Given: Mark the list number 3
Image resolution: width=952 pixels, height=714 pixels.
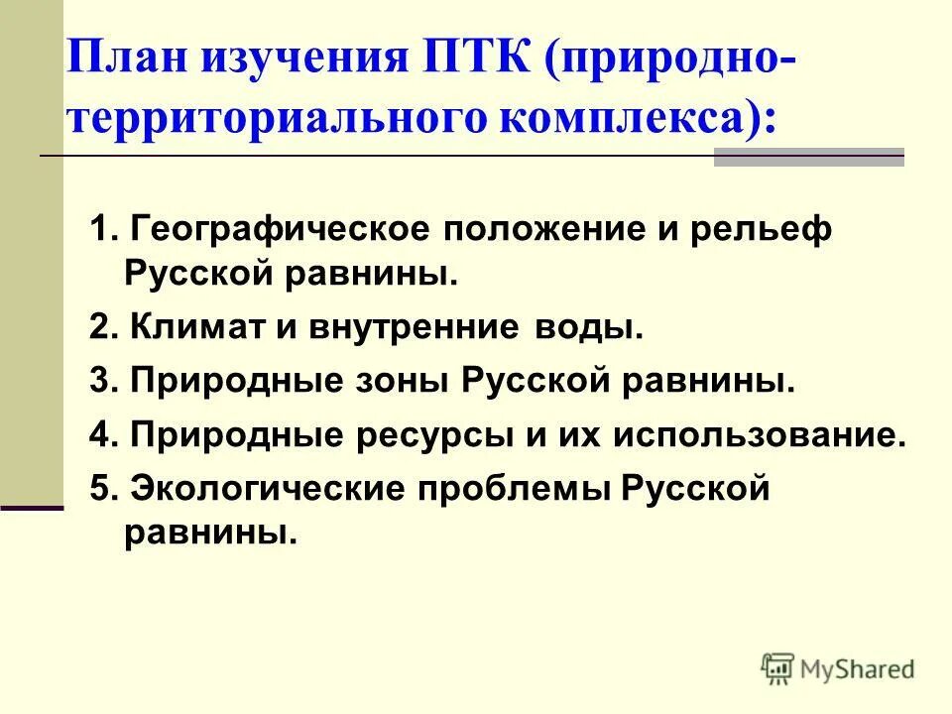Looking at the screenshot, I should pos(97,382).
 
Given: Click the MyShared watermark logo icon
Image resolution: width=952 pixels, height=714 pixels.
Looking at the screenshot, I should pos(778,668).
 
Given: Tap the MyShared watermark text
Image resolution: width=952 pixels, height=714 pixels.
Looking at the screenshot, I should pos(859,669).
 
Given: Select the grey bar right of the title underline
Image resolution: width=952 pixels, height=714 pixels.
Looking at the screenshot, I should pos(808,157).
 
